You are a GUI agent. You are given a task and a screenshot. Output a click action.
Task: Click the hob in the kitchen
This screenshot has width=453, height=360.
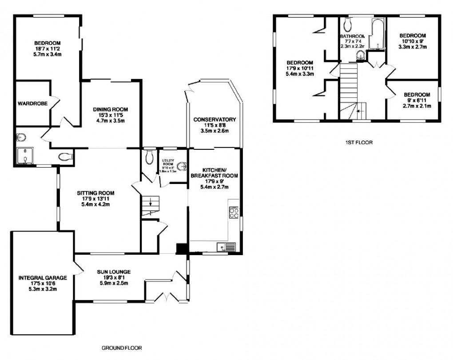pos(234,213)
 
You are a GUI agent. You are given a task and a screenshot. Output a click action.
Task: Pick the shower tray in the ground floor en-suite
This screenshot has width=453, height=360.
pos(25,155)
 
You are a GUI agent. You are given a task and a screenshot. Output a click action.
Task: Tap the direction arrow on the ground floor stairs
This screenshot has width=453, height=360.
pos(151,204)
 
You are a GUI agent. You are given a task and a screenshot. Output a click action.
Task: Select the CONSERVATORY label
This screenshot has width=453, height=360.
pos(214,120)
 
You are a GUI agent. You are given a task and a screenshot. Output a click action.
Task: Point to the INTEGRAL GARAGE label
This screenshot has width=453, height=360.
pos(43,278)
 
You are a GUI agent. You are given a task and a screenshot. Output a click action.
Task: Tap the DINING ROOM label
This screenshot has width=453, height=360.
pos(111,109)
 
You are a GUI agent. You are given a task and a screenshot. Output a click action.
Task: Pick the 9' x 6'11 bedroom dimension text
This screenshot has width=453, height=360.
pos(417,100)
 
